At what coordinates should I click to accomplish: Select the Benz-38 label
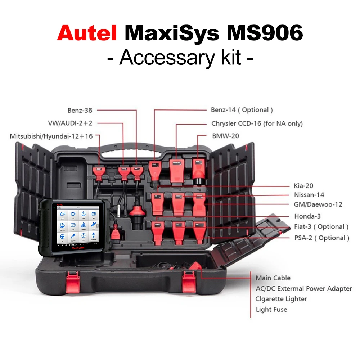pos(80,110)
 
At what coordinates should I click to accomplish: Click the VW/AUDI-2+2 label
pos(70,123)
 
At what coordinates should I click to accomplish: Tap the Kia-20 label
pos(303,186)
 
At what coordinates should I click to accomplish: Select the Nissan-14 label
pos(309,195)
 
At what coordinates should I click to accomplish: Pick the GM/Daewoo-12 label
pos(318,205)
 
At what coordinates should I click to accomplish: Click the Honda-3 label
pos(307,216)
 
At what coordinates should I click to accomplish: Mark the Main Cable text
pos(273,278)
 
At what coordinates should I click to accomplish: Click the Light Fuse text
pos(271,309)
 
